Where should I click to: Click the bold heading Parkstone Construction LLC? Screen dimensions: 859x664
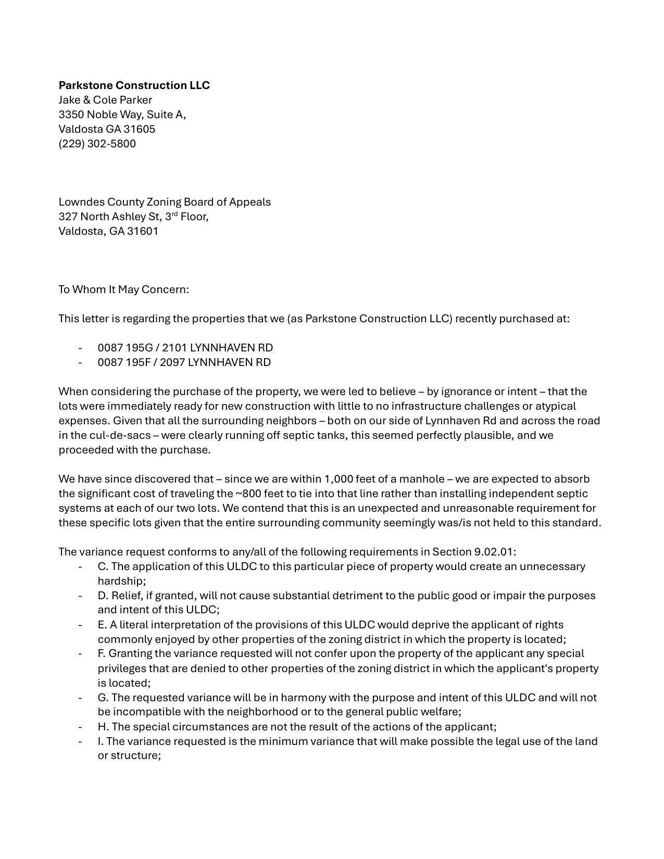[134, 85]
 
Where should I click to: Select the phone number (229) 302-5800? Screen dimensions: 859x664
[97, 144]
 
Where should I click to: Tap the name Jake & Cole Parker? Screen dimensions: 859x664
[105, 100]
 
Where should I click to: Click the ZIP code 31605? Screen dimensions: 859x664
[139, 129]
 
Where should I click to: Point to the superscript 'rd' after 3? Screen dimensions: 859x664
[174, 214]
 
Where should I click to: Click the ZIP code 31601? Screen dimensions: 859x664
[142, 231]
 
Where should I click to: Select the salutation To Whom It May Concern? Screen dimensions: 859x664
[123, 289]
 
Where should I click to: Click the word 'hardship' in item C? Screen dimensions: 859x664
[120, 581]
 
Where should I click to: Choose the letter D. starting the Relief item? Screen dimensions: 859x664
[103, 596]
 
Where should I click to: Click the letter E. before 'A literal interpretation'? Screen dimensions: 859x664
[102, 625]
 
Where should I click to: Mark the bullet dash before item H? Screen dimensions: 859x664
[80, 727]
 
